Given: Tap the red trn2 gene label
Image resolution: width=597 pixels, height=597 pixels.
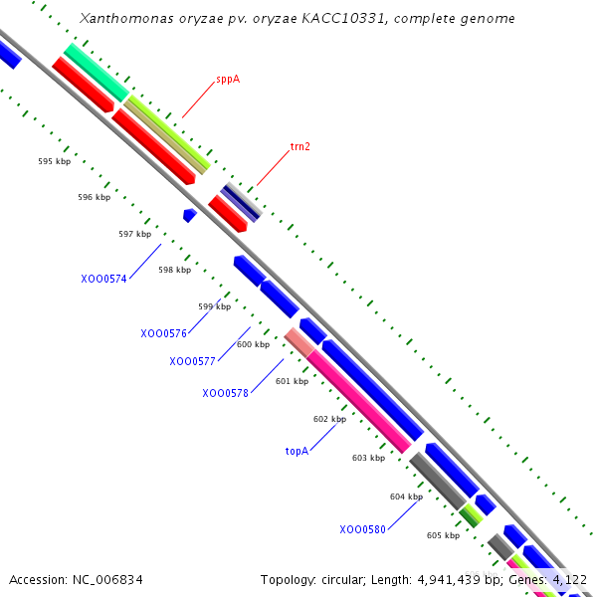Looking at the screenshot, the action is click(x=299, y=146).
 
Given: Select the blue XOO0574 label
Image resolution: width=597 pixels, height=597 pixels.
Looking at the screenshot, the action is click(x=103, y=279).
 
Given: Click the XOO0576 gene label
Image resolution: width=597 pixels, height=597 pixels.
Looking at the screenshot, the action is click(x=163, y=333).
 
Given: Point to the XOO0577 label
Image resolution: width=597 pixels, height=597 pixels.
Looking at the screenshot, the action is click(x=192, y=361).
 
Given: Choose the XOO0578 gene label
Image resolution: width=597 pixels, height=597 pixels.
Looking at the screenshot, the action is click(x=225, y=393).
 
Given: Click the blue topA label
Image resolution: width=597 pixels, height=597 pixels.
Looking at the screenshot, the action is click(x=297, y=451).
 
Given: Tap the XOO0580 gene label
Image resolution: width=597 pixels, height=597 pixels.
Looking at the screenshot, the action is click(x=362, y=529).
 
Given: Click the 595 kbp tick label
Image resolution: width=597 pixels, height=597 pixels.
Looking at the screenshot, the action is click(x=54, y=160).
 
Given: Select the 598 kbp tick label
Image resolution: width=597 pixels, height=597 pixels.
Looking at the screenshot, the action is click(x=174, y=270).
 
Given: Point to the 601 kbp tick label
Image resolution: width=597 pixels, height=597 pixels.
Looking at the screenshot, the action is click(x=293, y=381).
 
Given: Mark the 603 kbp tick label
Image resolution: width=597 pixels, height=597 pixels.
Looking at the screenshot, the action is click(x=368, y=458).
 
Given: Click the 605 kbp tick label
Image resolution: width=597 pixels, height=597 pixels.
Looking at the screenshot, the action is click(x=443, y=535).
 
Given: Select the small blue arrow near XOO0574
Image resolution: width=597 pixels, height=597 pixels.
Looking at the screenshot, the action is click(x=189, y=214).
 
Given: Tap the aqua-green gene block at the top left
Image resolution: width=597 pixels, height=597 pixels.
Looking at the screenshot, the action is click(x=96, y=72).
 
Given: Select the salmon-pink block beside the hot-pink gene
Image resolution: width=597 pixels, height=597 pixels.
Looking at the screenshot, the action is click(x=298, y=342).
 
